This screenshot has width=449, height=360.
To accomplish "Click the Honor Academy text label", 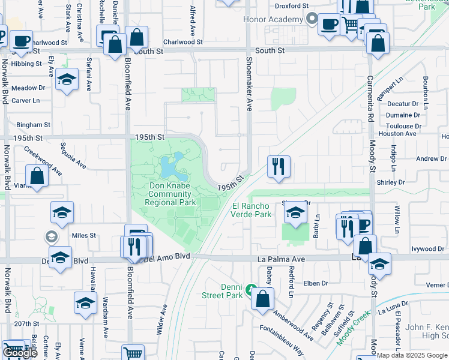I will (273, 19).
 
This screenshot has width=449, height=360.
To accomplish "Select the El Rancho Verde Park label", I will (252, 210).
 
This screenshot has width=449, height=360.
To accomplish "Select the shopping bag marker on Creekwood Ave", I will (37, 177).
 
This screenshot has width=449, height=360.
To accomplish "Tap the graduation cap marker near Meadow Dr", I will (67, 80).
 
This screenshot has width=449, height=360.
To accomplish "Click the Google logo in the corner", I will (19, 353).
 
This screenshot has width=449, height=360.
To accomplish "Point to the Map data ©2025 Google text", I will (412, 355).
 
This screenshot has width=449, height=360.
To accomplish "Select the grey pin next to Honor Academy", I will (311, 19).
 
